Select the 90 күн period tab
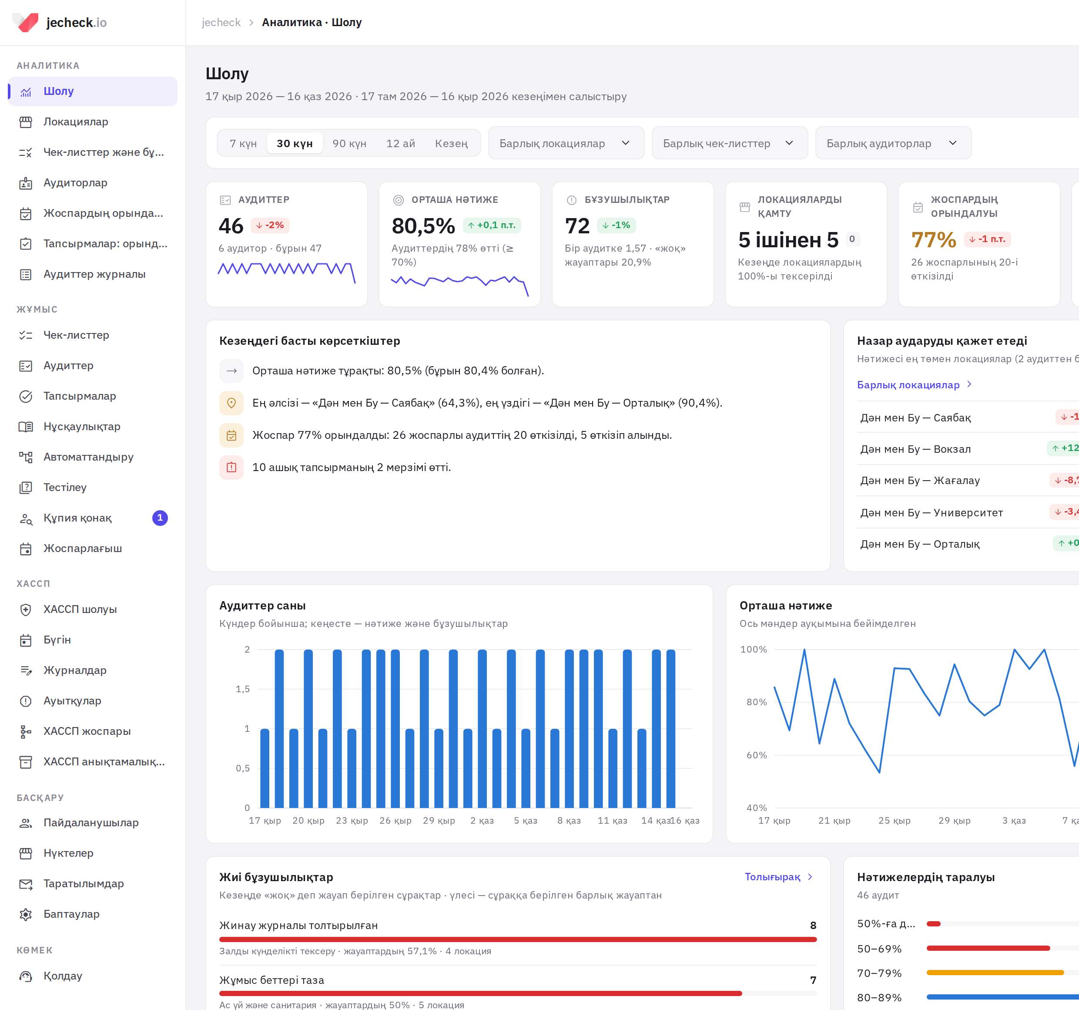(349, 143)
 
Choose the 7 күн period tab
(243, 143)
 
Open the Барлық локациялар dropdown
(566, 143)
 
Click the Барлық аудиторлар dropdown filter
(893, 143)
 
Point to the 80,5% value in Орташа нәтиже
(423, 226)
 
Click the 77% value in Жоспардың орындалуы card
(934, 239)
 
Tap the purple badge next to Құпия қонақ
(160, 518)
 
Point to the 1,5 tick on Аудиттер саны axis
(243, 689)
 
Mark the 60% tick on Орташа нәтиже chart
(757, 755)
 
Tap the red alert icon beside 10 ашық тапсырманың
(231, 468)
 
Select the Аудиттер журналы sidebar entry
(94, 274)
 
